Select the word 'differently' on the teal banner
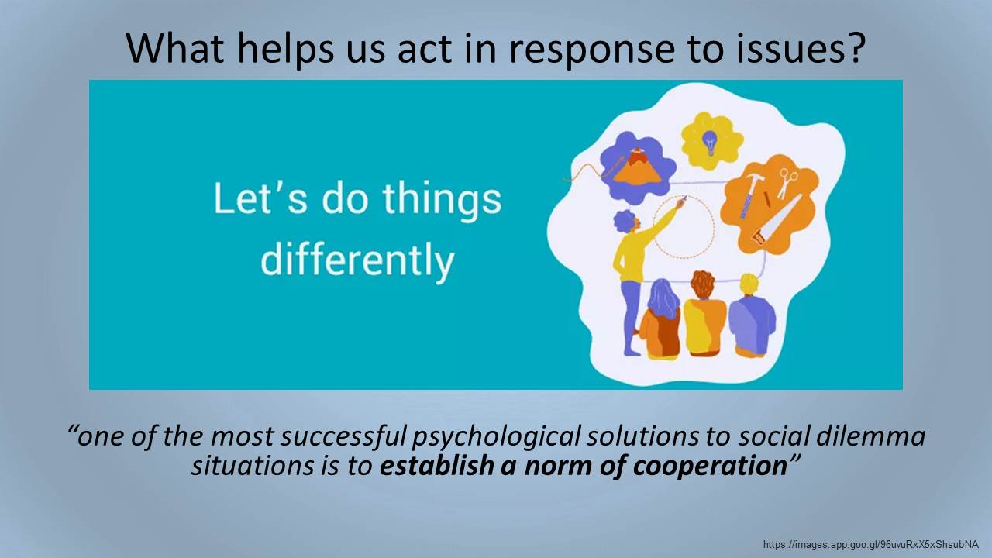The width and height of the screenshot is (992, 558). pyautogui.click(x=357, y=260)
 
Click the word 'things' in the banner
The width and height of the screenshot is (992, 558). pyautogui.click(x=442, y=201)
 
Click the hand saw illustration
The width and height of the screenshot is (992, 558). pyautogui.click(x=776, y=220)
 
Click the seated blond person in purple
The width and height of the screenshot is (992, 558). pyautogui.click(x=752, y=315)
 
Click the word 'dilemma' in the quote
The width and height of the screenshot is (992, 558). pyautogui.click(x=870, y=436)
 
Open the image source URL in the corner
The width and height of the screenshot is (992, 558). pyautogui.click(x=870, y=545)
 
